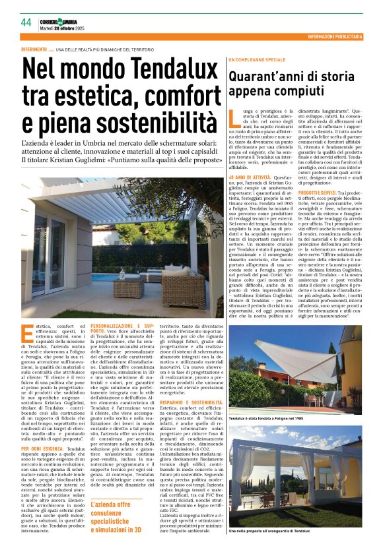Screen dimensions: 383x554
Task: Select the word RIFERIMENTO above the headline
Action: (34, 49)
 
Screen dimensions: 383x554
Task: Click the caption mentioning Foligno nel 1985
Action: (265, 419)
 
